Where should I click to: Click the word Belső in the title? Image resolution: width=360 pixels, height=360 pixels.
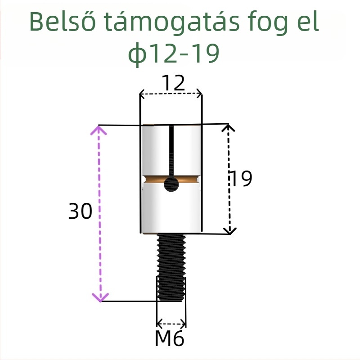(x=62, y=22)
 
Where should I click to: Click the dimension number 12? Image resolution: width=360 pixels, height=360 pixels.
(x=173, y=83)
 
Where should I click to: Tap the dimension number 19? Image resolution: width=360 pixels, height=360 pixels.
(x=241, y=179)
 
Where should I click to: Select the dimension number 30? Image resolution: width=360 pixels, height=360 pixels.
(x=81, y=211)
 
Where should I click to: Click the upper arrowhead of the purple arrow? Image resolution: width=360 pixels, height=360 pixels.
(x=99, y=130)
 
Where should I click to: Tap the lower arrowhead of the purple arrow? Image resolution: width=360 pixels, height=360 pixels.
(x=100, y=297)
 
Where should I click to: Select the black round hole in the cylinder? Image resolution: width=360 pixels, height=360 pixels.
(x=171, y=184)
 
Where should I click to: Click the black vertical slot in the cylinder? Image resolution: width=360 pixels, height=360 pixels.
(x=171, y=151)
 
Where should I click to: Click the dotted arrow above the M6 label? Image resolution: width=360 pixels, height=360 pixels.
(x=171, y=323)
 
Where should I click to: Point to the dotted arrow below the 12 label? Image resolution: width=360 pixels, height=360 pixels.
(x=171, y=94)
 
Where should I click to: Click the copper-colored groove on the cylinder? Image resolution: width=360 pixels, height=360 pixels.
(x=155, y=180)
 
